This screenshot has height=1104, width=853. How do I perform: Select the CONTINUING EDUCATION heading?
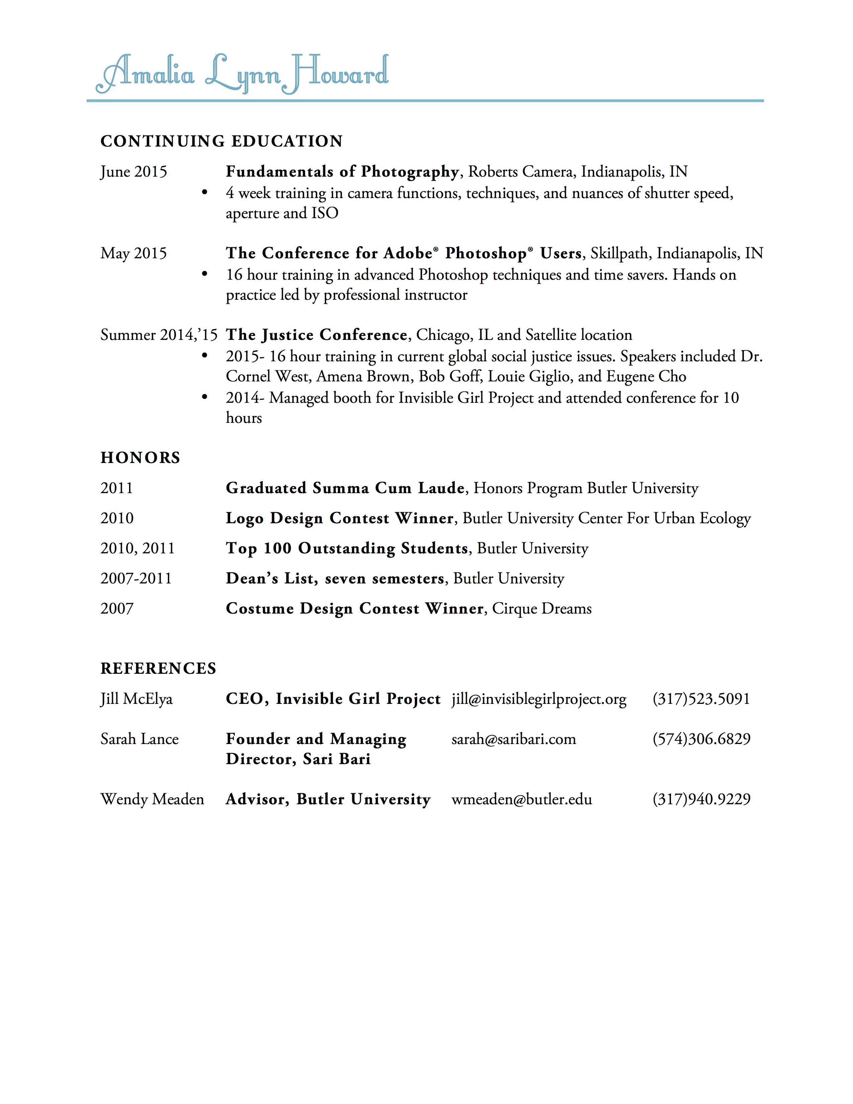coord(221,141)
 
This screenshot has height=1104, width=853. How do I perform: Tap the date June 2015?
coord(133,172)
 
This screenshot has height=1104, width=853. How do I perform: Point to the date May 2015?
coord(133,253)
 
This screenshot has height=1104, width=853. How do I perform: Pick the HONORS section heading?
coord(140,457)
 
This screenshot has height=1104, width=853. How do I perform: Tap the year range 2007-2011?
coord(136,578)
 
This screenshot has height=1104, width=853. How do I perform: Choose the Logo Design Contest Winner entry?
coord(340,518)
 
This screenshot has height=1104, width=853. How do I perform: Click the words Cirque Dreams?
coord(542,608)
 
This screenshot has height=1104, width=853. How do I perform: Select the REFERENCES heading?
coord(158,668)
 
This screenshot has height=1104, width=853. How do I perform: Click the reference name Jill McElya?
coord(136,699)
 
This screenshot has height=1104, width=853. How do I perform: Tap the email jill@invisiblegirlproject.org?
coord(539,699)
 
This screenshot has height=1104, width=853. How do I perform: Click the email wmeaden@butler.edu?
coord(522,799)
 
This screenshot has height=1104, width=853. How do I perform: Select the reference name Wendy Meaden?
coord(152,799)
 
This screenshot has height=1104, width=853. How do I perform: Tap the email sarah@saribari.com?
coord(513,739)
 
